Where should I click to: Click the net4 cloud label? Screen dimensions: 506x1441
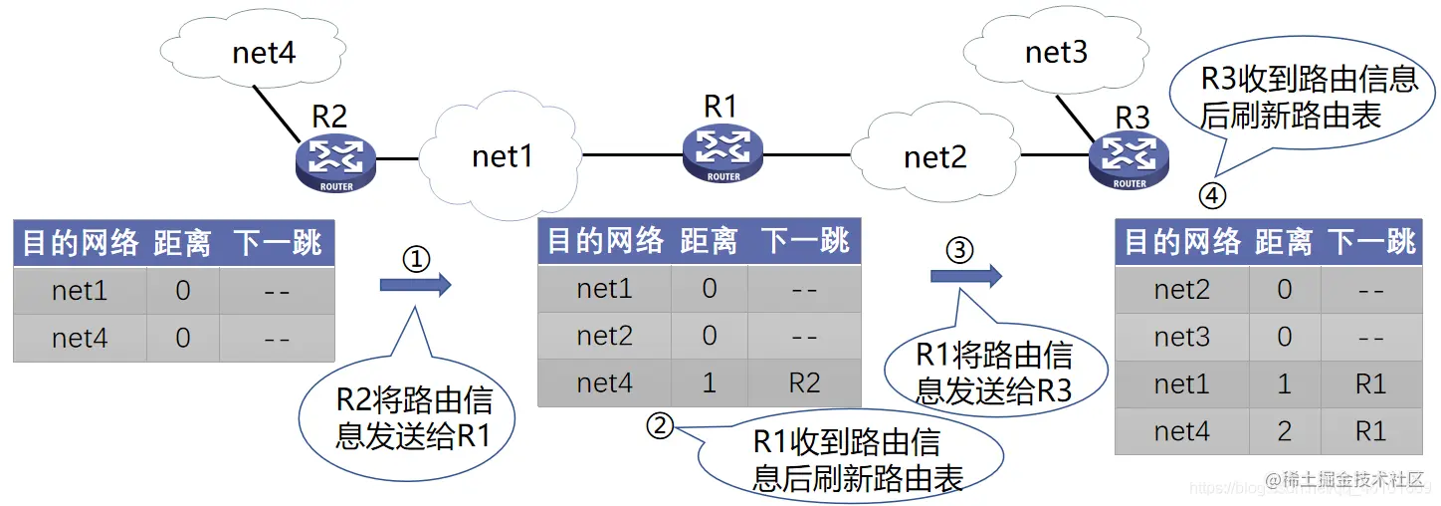(264, 52)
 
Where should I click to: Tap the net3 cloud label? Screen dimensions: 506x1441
(1056, 52)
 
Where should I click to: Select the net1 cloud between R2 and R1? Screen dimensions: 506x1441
(503, 156)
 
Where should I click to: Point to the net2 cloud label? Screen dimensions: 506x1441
(934, 156)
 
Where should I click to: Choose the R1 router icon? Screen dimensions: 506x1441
(723, 151)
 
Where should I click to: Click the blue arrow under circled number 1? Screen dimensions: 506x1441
(415, 286)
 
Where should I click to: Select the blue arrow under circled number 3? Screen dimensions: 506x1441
(965, 276)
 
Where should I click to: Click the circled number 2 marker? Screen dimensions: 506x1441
(661, 425)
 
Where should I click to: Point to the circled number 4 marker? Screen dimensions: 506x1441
(1211, 196)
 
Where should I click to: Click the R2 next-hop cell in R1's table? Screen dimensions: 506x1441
(805, 383)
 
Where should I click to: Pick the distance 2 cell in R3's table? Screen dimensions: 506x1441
(1284, 431)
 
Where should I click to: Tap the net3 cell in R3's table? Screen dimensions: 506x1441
(1181, 337)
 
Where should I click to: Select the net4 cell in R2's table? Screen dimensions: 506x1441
(80, 339)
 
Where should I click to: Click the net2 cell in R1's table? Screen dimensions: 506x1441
(604, 336)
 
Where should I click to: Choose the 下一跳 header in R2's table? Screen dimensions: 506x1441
(278, 243)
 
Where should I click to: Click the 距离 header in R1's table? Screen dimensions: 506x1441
(709, 241)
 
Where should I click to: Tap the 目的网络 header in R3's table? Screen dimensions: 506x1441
(1182, 242)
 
